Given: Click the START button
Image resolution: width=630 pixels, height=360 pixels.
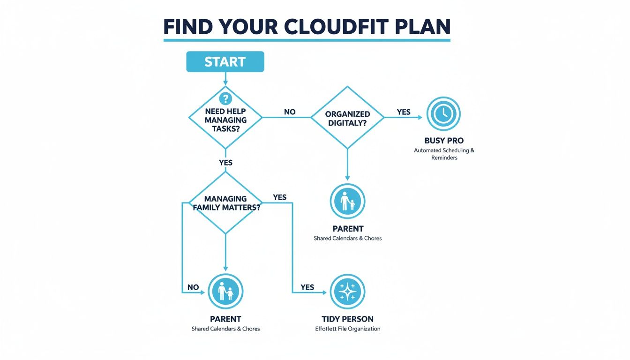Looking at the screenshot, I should coord(225,62).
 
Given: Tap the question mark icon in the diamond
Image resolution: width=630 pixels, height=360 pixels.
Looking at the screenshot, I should coord(225,98).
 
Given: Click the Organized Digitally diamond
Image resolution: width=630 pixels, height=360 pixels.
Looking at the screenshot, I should coord(347,118).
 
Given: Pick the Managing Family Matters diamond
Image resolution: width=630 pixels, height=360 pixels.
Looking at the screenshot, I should coord(225,202).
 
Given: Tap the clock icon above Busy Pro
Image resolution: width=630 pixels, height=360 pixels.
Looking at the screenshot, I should coord(443,113).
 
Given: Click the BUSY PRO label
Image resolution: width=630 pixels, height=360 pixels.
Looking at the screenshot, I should coord(444,141).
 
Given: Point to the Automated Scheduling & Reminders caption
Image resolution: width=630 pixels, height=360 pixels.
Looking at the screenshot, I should coord(444,154).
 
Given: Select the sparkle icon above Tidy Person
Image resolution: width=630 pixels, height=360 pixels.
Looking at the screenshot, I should coord(347,292).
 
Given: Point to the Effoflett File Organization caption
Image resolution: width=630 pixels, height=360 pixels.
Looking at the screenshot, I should coord(347,329).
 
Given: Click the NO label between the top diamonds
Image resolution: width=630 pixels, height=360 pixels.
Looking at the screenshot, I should coord(290,112).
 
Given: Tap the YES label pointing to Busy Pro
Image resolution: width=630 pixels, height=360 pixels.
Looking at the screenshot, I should coord(404,112).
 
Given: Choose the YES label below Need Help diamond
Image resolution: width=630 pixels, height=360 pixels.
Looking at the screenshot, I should coord(225,163).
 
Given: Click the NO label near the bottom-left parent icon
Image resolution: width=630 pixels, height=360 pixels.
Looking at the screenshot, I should coord(193,287).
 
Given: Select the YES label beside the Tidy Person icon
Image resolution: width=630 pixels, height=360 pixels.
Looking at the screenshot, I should coord(307,287).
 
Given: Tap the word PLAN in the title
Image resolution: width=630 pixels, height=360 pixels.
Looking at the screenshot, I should coord(424,27).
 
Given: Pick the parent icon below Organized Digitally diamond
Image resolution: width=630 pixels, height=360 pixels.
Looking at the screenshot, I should coord(347,202).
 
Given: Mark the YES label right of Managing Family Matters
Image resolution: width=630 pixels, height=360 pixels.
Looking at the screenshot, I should coord(279,197).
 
